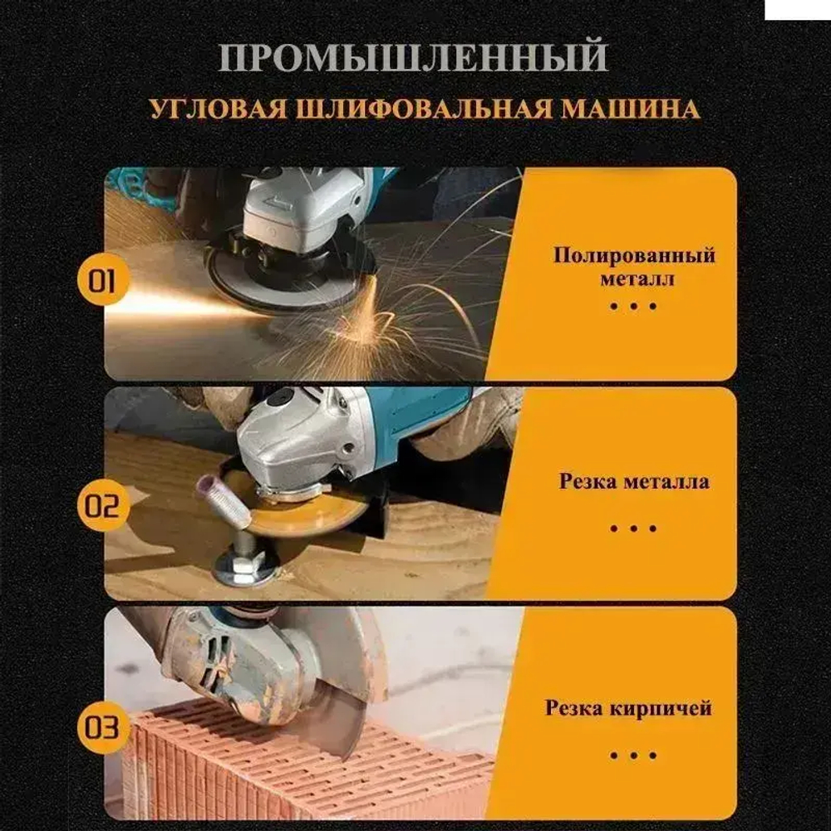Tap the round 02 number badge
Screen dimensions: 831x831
click(x=102, y=505)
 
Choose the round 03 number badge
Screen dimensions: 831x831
click(x=102, y=729)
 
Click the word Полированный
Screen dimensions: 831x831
click(x=634, y=255)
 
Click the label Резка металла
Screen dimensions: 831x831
click(x=634, y=481)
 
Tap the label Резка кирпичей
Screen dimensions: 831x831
click(x=629, y=709)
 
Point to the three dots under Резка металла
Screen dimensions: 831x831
click(x=633, y=529)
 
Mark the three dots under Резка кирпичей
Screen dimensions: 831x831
click(x=633, y=755)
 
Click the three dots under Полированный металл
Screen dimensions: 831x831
click(x=633, y=306)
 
